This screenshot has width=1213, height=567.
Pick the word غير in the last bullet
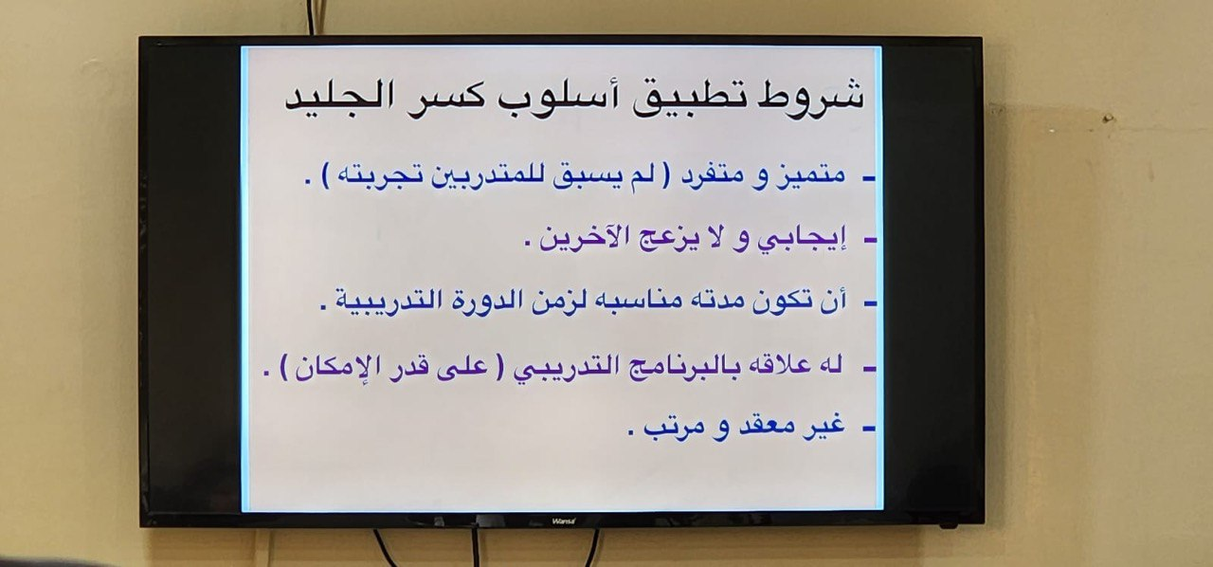[x=824, y=425]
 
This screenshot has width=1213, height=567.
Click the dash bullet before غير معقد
[x=869, y=430]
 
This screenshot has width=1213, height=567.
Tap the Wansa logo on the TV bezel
[x=564, y=521]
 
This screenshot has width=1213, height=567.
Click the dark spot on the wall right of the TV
[x=1108, y=119]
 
